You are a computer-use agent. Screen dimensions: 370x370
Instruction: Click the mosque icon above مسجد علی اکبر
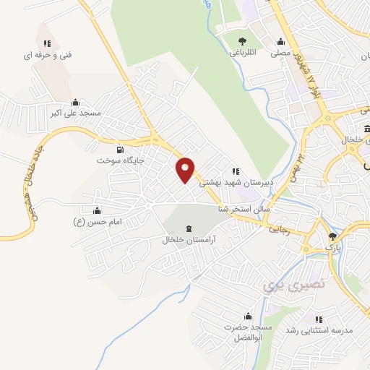75,103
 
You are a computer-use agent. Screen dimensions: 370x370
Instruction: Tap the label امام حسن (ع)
98,221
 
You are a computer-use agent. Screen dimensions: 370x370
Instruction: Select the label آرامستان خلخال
190,239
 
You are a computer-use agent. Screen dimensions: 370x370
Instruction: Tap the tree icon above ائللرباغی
241,41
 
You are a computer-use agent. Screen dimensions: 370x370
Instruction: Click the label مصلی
280,53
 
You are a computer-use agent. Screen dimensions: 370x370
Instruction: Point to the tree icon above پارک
333,236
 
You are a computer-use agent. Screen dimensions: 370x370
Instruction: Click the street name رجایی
278,230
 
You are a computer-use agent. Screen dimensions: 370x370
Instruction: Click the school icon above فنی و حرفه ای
47,43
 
